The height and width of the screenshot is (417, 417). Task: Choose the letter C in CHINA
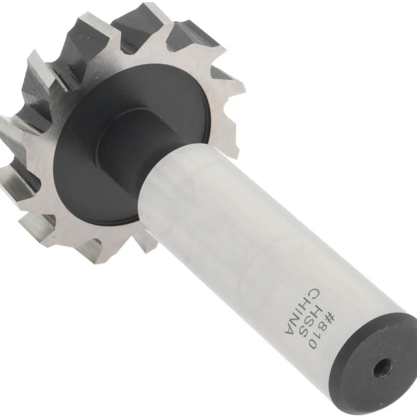tap(313, 293)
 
